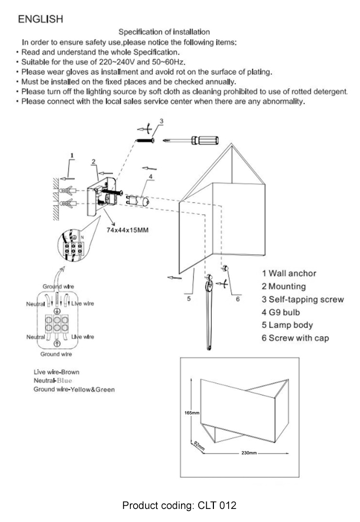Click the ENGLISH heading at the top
[x=41, y=19]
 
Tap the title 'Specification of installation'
[x=164, y=32]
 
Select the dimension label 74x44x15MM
[x=128, y=230]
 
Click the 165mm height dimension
[x=192, y=413]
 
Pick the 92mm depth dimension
[x=199, y=445]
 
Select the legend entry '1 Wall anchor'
[x=289, y=273]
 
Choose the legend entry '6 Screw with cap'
[x=295, y=338]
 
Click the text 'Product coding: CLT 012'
[x=179, y=505]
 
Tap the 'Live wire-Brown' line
[x=56, y=372]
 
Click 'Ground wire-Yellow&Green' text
[x=74, y=389]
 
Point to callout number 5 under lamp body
[x=189, y=299]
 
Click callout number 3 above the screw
[x=161, y=121]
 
